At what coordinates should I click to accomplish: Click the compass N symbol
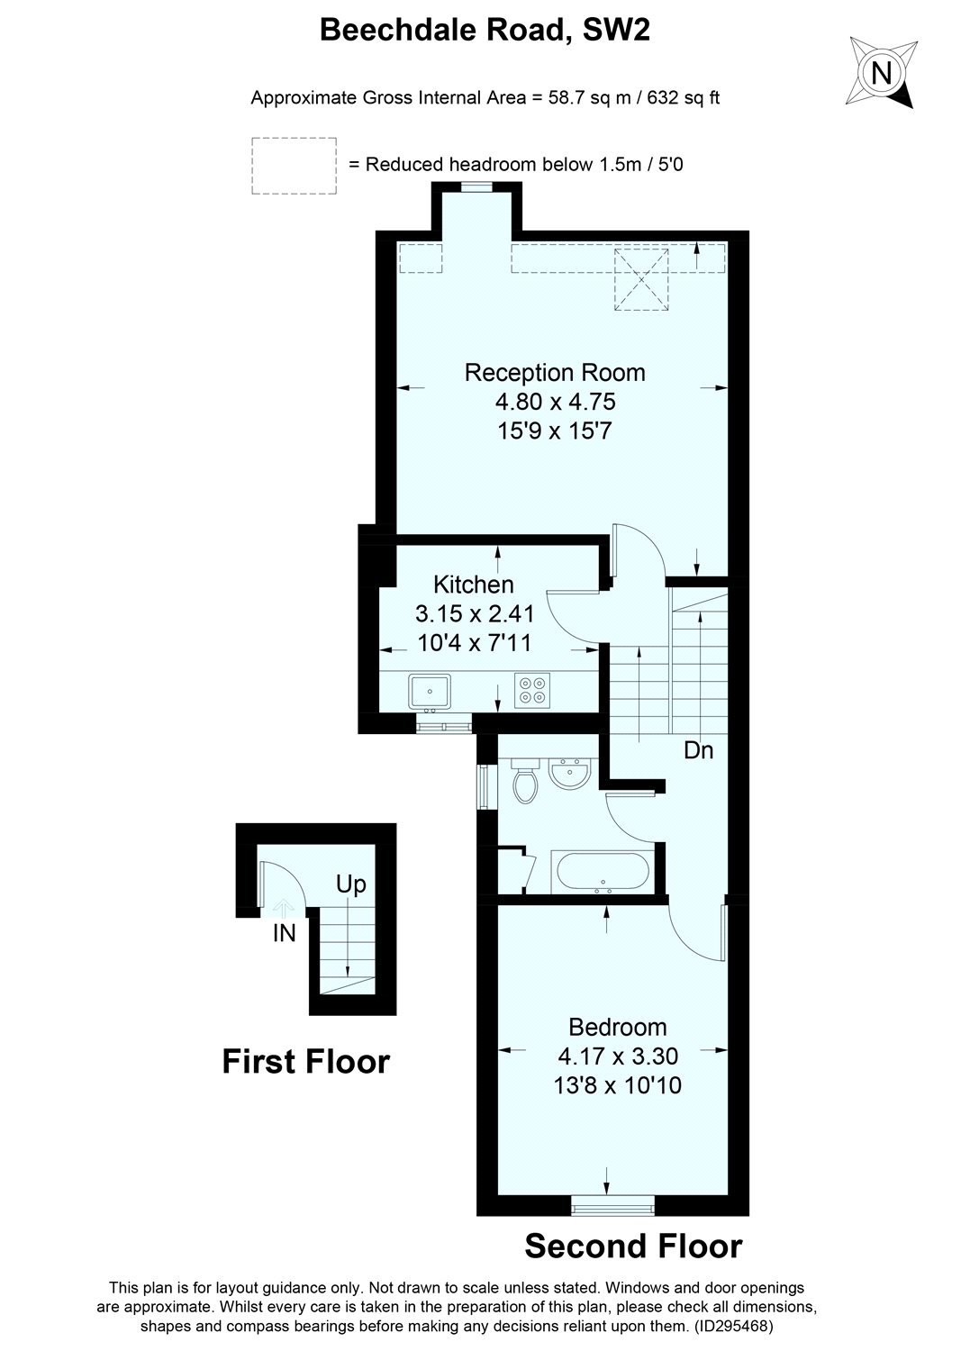point(884,72)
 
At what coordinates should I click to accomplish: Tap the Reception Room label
point(555,372)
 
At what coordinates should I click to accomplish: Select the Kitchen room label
point(474,584)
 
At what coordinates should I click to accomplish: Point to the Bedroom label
point(618,1027)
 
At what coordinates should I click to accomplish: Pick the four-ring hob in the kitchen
point(530,689)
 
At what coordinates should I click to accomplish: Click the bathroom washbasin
point(569,773)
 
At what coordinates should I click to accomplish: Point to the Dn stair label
point(698,749)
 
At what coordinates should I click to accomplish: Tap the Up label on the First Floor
point(351,884)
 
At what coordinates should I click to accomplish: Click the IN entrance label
point(285,934)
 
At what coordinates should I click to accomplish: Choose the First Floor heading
point(306,1062)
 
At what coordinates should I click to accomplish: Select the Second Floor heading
point(633,1247)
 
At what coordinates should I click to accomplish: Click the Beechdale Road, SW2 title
point(485,32)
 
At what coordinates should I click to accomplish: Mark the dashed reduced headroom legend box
point(294,165)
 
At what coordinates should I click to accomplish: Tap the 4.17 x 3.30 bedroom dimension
point(618,1056)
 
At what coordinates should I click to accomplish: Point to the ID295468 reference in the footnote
point(733,1326)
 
